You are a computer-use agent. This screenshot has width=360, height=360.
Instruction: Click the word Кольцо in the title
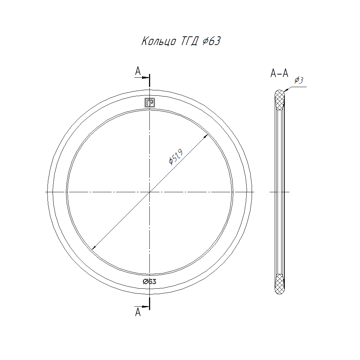pos(159,41)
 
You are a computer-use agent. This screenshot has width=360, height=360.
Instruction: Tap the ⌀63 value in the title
pos(212,41)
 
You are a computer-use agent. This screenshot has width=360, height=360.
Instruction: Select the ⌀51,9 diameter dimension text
pos(176,157)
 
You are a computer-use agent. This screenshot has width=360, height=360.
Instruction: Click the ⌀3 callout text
pos(299,80)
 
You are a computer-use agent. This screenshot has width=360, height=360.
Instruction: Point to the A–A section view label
pos(279,73)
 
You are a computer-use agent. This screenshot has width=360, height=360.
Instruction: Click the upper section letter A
pos(138,71)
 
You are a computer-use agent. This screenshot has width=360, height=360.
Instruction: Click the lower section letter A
pos(138,312)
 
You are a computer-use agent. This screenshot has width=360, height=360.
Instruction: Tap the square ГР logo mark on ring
pos(150,103)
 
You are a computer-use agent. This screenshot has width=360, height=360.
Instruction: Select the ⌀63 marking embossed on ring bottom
pos(149,282)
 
